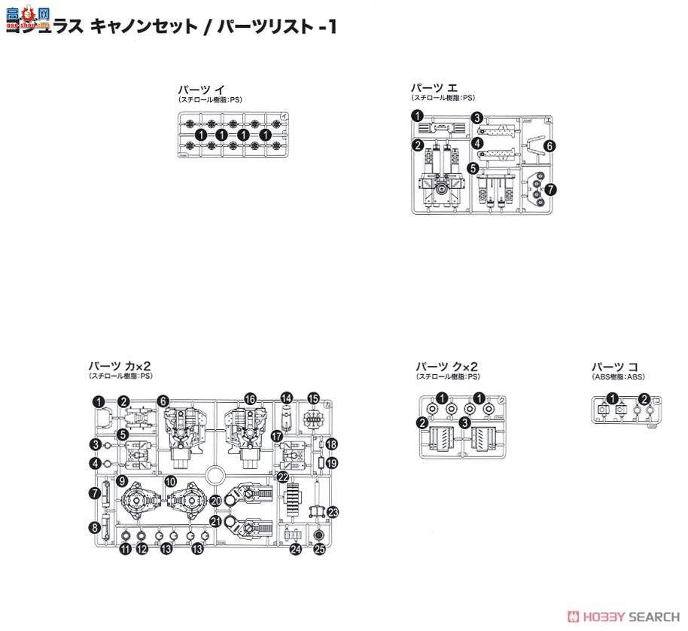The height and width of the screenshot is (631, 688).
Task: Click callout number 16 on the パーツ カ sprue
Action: [250, 399]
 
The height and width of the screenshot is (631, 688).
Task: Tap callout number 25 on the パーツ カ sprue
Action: [319, 550]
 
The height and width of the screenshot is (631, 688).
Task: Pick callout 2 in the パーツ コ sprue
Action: [644, 399]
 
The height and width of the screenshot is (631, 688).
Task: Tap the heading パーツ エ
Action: [434, 87]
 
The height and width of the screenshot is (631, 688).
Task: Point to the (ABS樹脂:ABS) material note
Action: [618, 376]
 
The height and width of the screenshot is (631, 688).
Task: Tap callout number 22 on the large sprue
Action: [282, 477]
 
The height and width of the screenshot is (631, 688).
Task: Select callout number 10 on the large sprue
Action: [171, 481]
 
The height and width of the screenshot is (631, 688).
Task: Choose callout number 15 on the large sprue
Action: [313, 398]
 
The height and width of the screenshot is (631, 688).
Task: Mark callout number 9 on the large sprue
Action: [122, 481]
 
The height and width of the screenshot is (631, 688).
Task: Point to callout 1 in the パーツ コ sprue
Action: [613, 399]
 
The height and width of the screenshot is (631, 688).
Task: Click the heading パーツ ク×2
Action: [446, 366]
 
